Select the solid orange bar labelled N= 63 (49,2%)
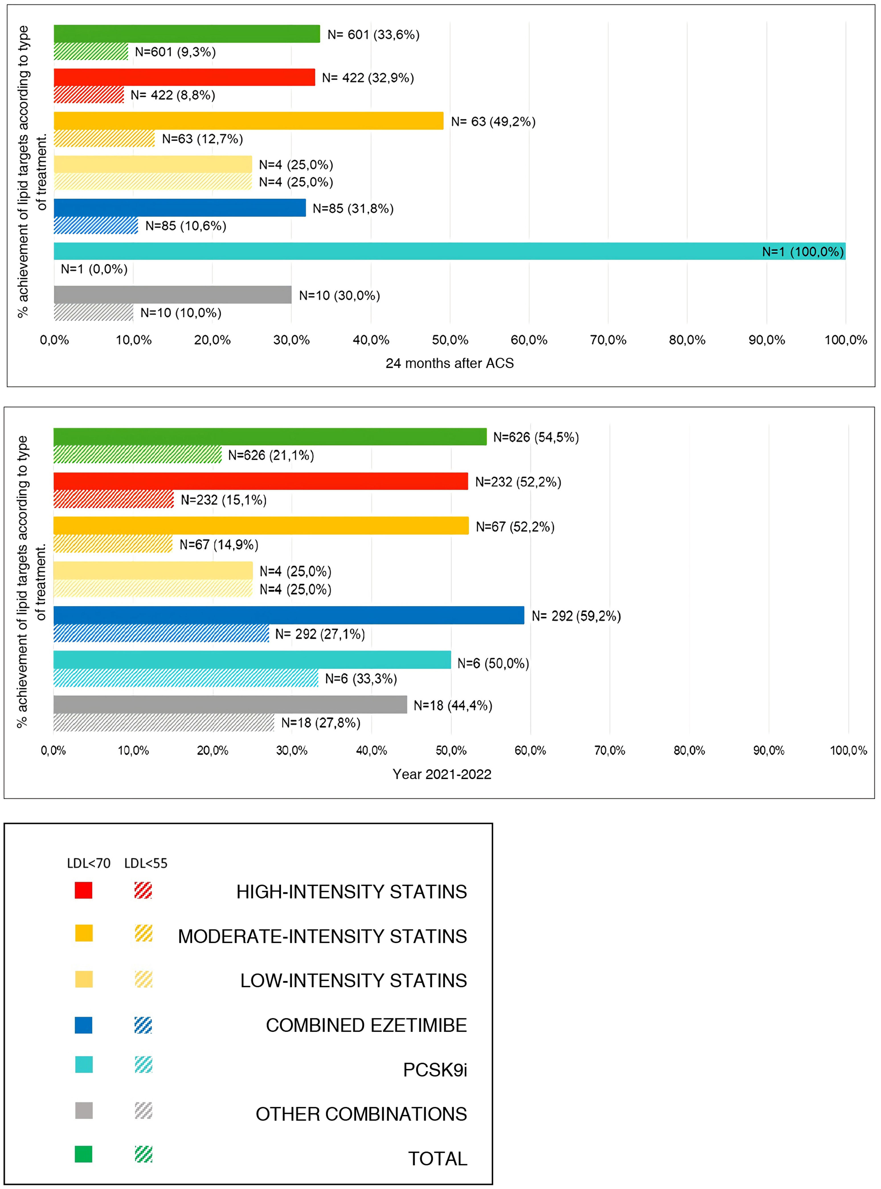coord(248,121)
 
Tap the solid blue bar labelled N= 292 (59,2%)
coord(289,615)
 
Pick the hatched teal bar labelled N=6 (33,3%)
coord(186,678)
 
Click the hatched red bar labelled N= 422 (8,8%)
coord(89,95)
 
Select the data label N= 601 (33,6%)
coord(373,35)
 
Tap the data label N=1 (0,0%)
coord(94,269)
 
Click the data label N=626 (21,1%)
coord(271,455)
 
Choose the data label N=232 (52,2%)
coord(518,482)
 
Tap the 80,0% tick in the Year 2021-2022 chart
coord(689,751)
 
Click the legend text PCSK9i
coord(435,1070)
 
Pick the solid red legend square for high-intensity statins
coord(84,891)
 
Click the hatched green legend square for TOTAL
coord(144,1154)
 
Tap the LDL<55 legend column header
coord(146,863)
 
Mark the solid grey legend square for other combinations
coord(84,1111)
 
